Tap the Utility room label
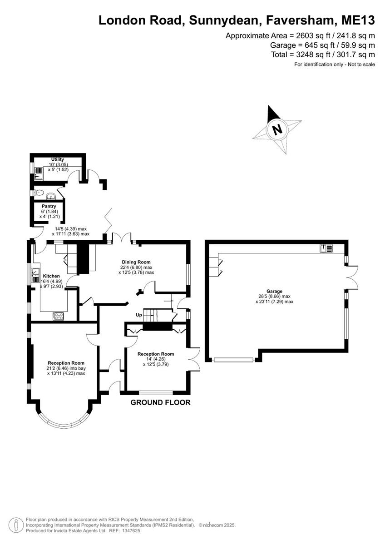point(57,159)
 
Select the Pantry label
point(49,206)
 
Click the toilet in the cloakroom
point(39,193)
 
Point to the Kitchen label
point(51,276)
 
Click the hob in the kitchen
point(59,316)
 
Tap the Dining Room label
point(136,262)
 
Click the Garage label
point(274,291)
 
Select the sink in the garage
point(326,248)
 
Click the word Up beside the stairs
point(139,315)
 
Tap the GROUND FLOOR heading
point(161,402)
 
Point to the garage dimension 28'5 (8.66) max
point(274,296)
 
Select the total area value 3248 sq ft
point(313,54)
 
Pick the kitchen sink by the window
point(36,275)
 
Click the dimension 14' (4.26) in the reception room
point(156,359)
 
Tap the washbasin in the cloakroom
point(51,196)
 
